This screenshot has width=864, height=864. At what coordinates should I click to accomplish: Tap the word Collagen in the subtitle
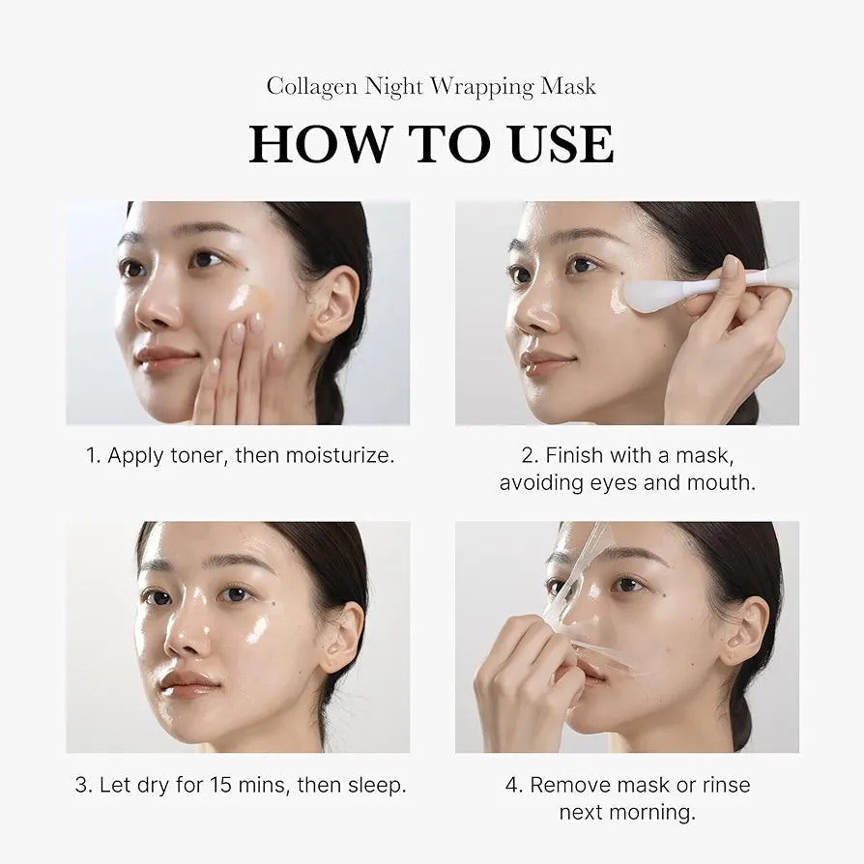click(311, 86)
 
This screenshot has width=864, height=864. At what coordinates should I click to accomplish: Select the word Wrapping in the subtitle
click(481, 87)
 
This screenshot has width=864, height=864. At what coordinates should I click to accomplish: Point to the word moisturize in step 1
click(338, 455)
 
